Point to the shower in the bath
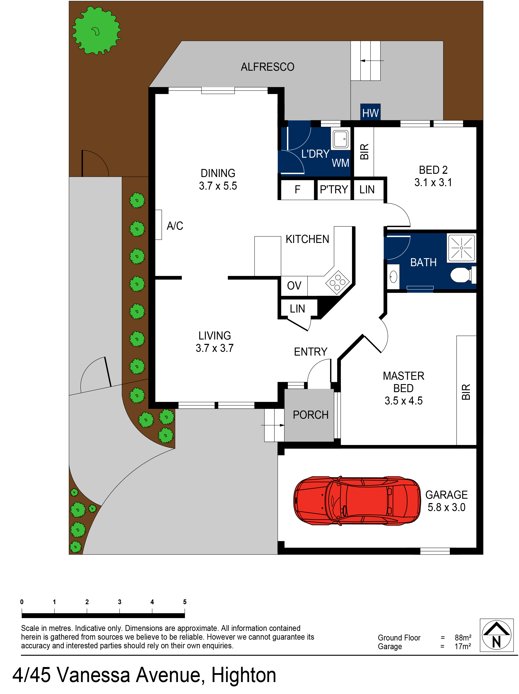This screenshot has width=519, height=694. pos(461,248)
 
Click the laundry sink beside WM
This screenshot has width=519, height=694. pos(340,139)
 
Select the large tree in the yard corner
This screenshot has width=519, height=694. pos(96,31)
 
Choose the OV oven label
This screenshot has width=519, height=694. pos(294,286)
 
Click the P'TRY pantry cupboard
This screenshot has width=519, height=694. pos(334,189)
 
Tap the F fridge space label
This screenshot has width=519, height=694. pos(297,189)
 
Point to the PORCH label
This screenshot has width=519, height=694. pos(310,415)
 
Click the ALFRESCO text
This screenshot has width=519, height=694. pos(267,67)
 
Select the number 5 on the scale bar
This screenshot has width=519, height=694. pos(185,602)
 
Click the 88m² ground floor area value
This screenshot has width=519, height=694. pos(462,637)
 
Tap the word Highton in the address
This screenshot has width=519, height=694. pos(244,675)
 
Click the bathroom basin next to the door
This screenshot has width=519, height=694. pos(393,277)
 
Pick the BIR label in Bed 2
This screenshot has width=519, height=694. pos(364,152)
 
